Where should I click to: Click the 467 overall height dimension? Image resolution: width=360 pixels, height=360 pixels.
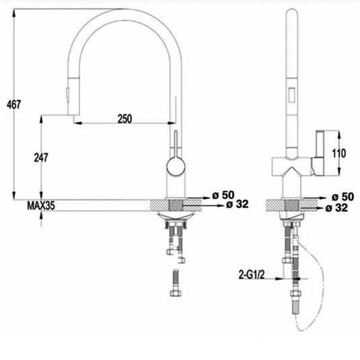[x=13, y=104]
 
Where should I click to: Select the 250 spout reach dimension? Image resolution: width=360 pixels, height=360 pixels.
[x=124, y=118]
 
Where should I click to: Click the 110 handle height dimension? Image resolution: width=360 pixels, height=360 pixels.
[x=339, y=153]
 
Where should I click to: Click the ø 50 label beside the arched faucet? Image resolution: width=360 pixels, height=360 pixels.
[x=221, y=195]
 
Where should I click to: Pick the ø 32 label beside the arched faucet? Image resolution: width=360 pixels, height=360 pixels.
[x=238, y=205]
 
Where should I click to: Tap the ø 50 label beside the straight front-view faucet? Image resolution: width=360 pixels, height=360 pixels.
[x=343, y=197]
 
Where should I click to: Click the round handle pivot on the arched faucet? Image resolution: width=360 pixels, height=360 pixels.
[x=174, y=166]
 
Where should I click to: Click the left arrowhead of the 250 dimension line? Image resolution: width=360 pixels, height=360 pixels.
[x=76, y=124]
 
